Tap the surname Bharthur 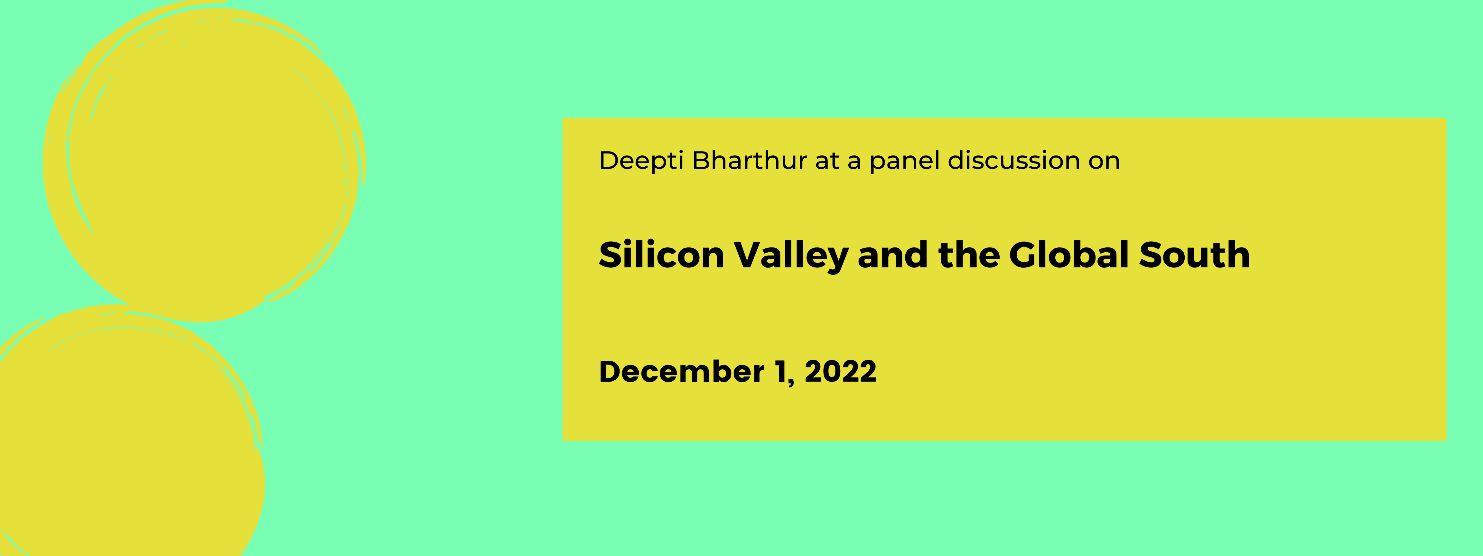point(750,161)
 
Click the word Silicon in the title point(661,255)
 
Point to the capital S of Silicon point(611,255)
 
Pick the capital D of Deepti point(609,161)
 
